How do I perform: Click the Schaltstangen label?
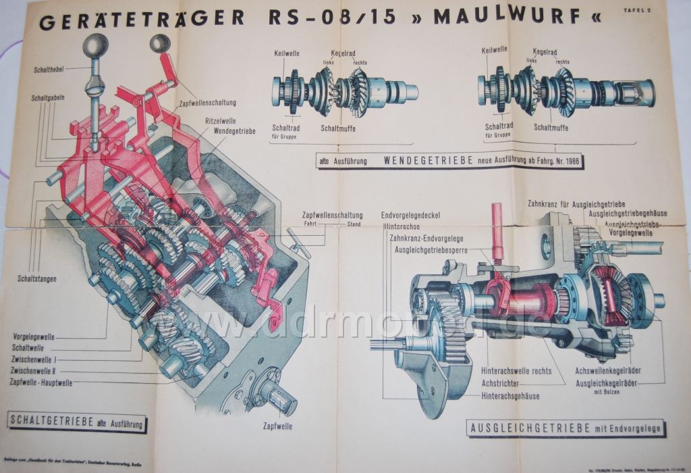point(37,279)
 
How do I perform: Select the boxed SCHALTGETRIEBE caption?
point(75,422)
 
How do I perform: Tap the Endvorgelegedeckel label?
point(410,216)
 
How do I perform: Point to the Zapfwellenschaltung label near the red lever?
point(213,103)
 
